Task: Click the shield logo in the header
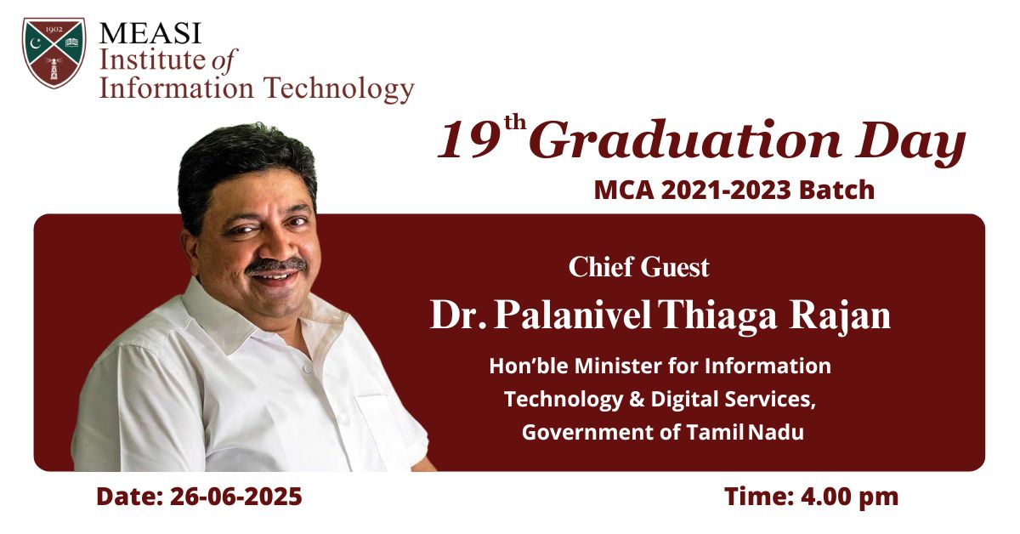click(x=54, y=53)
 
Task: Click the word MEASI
click(x=150, y=33)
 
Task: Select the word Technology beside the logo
click(x=340, y=88)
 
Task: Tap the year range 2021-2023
click(x=726, y=190)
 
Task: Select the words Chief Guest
click(x=638, y=267)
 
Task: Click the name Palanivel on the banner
click(x=573, y=315)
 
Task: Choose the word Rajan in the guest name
click(x=840, y=316)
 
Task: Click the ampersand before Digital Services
click(x=637, y=399)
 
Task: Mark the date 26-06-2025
click(x=236, y=497)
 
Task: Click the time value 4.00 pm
click(x=849, y=497)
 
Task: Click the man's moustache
click(x=276, y=265)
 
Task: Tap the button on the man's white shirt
click(x=306, y=368)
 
